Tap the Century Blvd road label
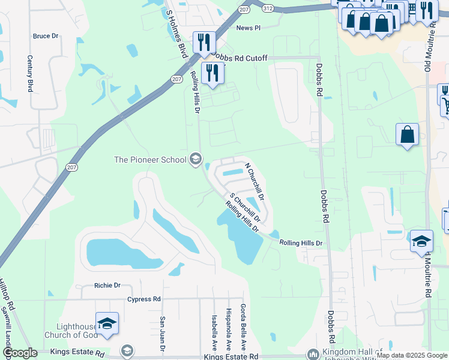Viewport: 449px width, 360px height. pos(29,73)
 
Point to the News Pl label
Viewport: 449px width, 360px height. pos(249,28)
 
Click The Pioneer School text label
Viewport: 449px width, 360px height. pos(150,160)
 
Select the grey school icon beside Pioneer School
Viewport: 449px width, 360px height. pos(195,160)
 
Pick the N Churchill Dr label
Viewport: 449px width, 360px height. pos(255,181)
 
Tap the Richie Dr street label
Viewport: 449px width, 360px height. pos(107,286)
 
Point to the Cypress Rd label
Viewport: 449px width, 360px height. pos(144,299)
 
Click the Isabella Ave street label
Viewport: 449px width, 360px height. pos(214,334)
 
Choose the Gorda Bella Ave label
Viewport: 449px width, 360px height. pos(244,328)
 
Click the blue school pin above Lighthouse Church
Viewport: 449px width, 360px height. pos(107,325)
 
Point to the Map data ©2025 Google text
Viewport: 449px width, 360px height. pos(411,355)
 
